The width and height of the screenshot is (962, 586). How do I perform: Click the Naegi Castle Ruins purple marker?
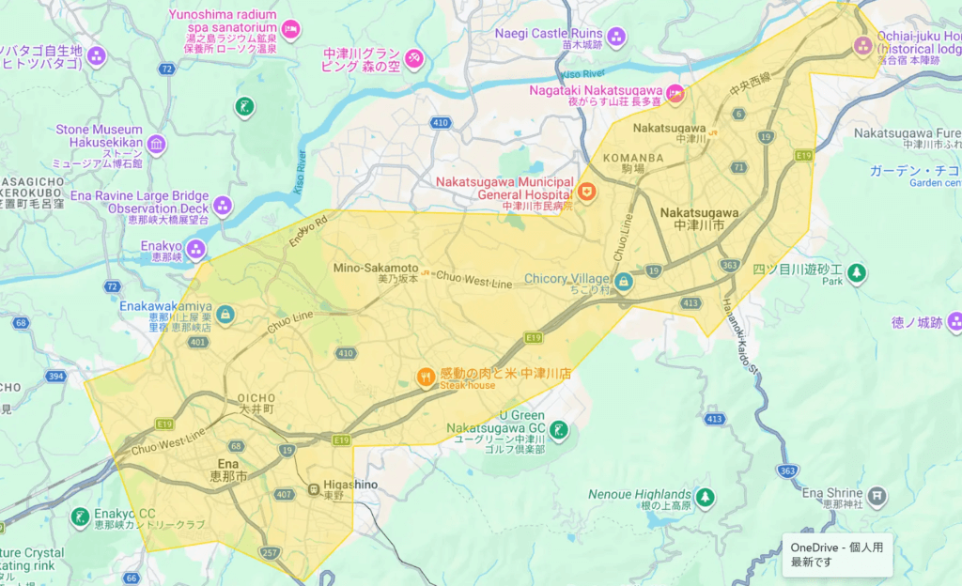pos(616,38)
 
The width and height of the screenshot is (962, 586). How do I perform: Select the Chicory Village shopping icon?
pos(624,281)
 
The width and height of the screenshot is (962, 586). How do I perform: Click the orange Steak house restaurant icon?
pos(427,378)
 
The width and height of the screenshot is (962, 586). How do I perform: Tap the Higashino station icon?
pos(313,489)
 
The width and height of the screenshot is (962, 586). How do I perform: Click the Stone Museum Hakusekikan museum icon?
pos(156,145)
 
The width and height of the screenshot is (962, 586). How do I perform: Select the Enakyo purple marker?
pos(195,249)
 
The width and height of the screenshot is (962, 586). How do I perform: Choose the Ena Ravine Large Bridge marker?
pos(223,204)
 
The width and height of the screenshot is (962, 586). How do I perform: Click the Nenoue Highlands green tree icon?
pos(704,495)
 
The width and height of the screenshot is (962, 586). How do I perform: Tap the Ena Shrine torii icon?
pos(876,495)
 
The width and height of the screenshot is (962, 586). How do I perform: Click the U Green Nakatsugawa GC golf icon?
pos(559,430)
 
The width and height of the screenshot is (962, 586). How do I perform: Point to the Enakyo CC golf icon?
pos(81,517)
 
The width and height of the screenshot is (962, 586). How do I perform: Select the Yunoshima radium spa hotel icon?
pos(291,29)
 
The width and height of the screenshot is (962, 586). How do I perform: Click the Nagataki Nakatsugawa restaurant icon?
pos(675,93)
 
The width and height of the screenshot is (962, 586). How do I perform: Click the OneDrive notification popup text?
pos(836,554)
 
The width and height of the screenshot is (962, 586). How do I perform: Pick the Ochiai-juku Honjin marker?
pos(862,44)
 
